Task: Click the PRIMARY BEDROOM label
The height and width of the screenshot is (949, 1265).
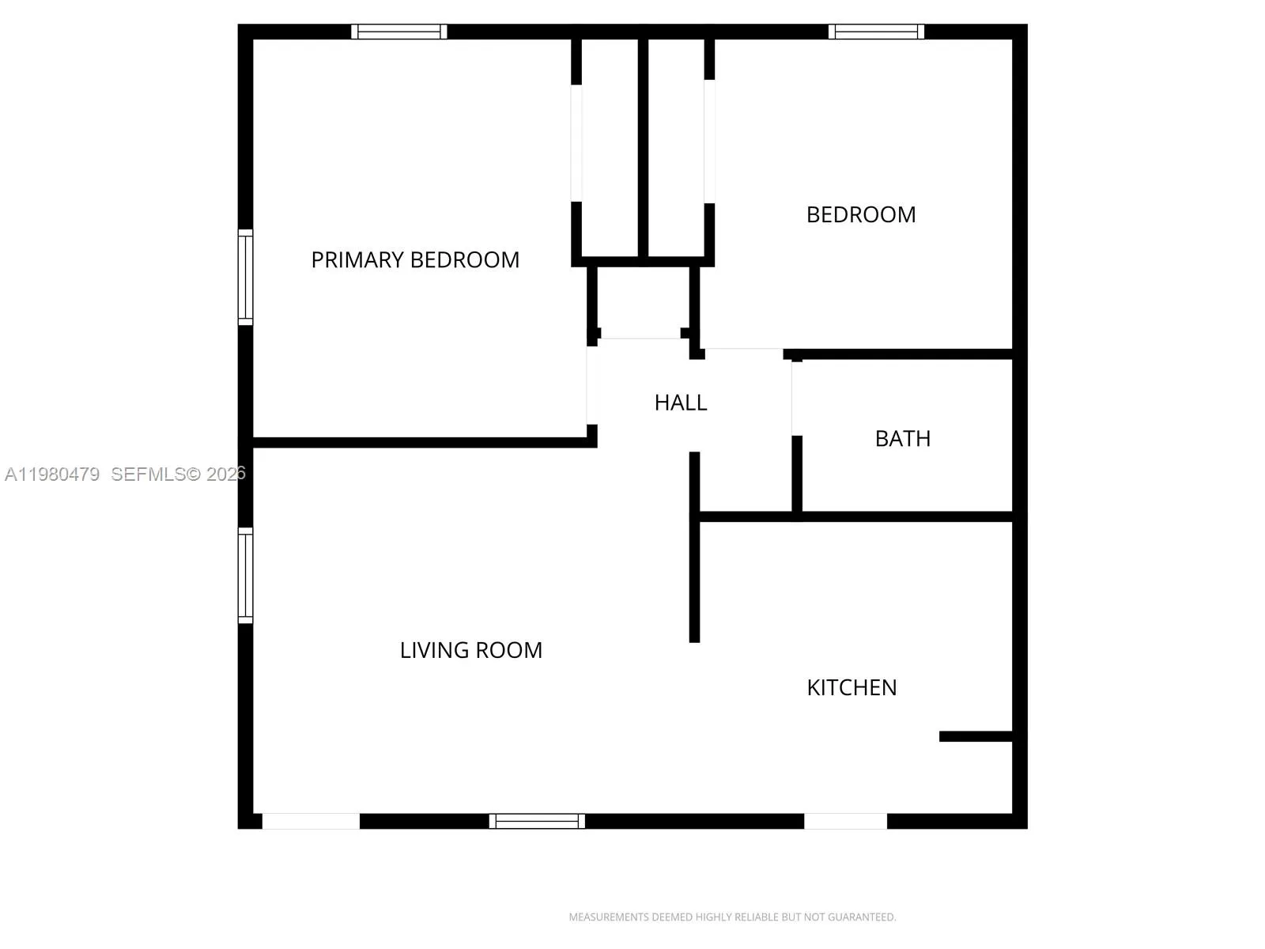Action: (415, 260)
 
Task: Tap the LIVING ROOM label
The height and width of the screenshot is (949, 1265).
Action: (471, 650)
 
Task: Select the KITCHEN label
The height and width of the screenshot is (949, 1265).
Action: (852, 688)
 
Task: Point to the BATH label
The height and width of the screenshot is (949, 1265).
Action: (902, 439)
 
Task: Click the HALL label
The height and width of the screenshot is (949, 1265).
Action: (681, 403)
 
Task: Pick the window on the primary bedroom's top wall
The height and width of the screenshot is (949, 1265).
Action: (399, 32)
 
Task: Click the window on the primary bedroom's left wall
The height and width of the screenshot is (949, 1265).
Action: (246, 277)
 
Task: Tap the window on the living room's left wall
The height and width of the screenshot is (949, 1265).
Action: (246, 575)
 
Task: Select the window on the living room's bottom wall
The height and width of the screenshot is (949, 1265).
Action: (537, 821)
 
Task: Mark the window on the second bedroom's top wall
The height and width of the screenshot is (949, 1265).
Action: (876, 32)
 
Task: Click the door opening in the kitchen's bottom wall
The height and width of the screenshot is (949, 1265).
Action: (845, 821)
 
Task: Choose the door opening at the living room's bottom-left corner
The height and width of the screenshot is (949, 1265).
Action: (311, 821)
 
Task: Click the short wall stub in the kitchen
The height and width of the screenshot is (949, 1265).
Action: (976, 736)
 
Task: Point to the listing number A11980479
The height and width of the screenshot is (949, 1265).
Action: (52, 475)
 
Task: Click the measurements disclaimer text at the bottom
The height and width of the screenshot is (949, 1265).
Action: (732, 917)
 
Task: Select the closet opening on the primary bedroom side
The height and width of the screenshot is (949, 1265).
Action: (576, 142)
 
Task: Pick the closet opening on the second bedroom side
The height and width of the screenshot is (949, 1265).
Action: (709, 141)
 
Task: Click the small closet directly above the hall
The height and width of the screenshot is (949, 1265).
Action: (642, 301)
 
